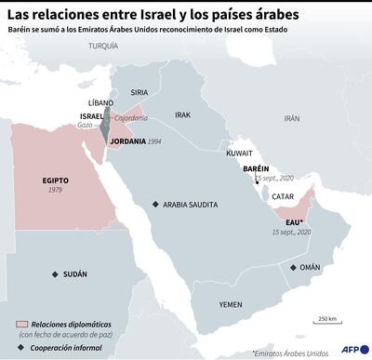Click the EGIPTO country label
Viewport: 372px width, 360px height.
57,180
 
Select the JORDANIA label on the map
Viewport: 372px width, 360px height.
127,141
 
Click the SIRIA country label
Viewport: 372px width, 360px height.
139,92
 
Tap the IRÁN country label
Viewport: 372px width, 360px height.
292,118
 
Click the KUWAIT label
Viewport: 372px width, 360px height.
239,150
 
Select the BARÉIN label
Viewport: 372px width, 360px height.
256,168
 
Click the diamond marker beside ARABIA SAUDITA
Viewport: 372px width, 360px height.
155,204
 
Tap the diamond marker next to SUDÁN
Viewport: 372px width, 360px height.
55,274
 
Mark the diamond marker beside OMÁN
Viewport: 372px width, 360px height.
293,267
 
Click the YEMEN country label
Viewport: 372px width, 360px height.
231,304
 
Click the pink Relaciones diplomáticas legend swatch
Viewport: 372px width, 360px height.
21,323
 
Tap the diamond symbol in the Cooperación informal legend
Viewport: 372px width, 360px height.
21,346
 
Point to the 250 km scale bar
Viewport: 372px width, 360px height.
326,325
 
